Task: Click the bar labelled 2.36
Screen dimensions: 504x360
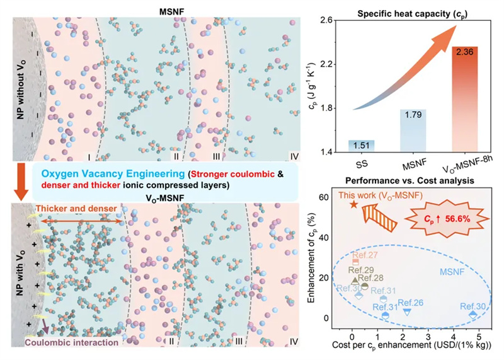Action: pyautogui.click(x=464, y=99)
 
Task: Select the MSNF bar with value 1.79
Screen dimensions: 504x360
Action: pyautogui.click(x=413, y=131)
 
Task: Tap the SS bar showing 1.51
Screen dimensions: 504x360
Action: pyautogui.click(x=361, y=146)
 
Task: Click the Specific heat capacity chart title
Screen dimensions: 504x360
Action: pyautogui.click(x=413, y=14)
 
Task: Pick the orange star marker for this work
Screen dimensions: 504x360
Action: pyautogui.click(x=353, y=204)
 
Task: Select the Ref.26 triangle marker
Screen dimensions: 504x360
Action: pyautogui.click(x=407, y=312)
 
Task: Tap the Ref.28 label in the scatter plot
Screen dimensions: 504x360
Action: pyautogui.click(x=370, y=278)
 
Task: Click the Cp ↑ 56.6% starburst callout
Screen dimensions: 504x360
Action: pyautogui.click(x=447, y=219)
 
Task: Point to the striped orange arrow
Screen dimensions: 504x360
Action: pyautogui.click(x=379, y=217)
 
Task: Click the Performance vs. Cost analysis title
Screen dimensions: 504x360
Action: pyautogui.click(x=409, y=181)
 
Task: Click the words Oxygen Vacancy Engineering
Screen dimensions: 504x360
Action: pyautogui.click(x=113, y=174)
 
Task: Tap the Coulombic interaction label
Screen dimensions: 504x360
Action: pyautogui.click(x=72, y=342)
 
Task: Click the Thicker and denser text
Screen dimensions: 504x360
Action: pyautogui.click(x=76, y=209)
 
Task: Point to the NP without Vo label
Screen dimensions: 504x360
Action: pyautogui.click(x=21, y=89)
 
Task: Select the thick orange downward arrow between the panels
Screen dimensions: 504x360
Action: pyautogui.click(x=21, y=182)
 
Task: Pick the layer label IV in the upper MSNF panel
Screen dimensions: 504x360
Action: pyautogui.click(x=294, y=156)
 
